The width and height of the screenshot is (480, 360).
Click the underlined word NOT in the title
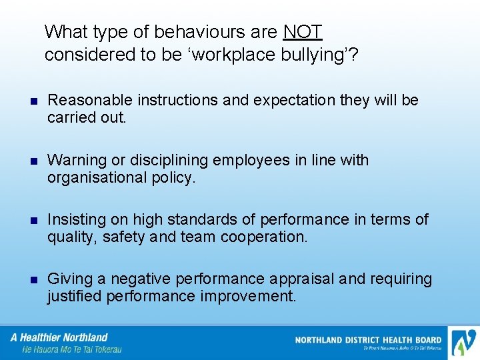[x=303, y=31]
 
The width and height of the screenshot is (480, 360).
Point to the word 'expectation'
[x=301, y=101]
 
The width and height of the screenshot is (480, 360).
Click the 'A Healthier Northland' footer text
[x=60, y=337]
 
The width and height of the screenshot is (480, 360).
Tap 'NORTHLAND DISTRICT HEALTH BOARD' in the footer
[x=368, y=340]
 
